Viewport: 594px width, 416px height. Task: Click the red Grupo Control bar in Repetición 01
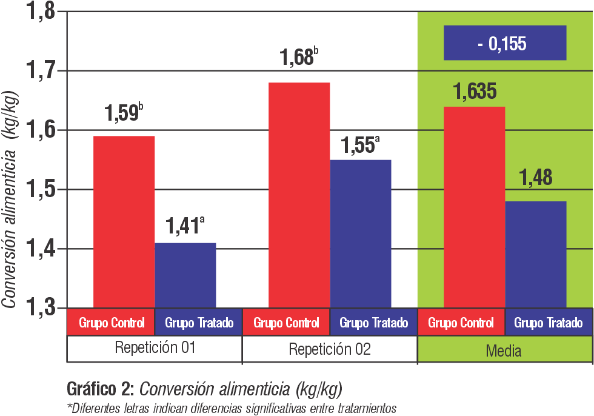pyautogui.click(x=124, y=221)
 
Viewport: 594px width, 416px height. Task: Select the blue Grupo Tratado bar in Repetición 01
pyautogui.click(x=185, y=275)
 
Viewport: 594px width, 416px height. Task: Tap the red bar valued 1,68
pyautogui.click(x=299, y=195)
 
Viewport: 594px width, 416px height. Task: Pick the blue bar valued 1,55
pyautogui.click(x=361, y=233)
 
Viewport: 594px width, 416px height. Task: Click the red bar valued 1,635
pyautogui.click(x=474, y=207)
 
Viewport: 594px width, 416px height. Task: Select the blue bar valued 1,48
pyautogui.click(x=536, y=254)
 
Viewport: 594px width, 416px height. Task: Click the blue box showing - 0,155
pyautogui.click(x=505, y=43)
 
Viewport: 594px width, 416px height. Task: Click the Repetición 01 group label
pyautogui.click(x=155, y=349)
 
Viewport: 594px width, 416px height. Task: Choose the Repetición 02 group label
pyautogui.click(x=330, y=349)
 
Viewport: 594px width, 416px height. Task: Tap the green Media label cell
pyautogui.click(x=504, y=351)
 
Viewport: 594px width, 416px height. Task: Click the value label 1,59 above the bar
pyautogui.click(x=121, y=113)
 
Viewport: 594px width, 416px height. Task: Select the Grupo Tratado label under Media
pyautogui.click(x=549, y=323)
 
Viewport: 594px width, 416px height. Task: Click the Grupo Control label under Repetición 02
pyautogui.click(x=286, y=323)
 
